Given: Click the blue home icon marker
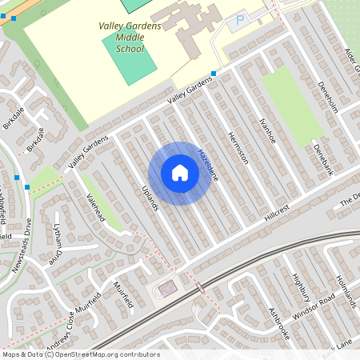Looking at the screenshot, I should [x=180, y=173].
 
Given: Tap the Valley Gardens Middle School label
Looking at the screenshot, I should [x=130, y=37].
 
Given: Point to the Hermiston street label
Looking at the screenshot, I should [x=238, y=147].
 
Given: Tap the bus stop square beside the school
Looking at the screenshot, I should [x=214, y=74].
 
